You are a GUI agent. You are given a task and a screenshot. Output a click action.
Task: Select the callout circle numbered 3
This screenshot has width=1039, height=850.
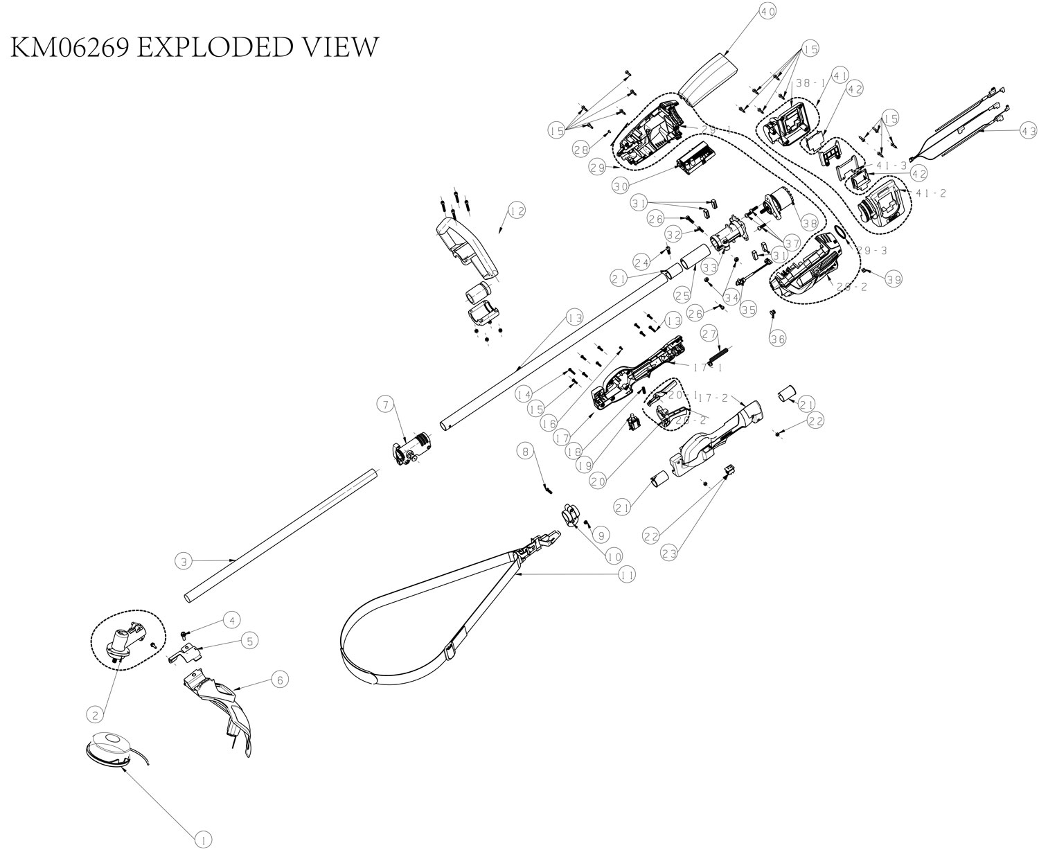(182, 561)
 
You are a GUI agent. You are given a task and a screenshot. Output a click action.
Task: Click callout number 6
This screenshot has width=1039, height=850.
(279, 680)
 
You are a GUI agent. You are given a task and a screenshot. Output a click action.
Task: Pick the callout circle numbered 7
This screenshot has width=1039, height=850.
(386, 402)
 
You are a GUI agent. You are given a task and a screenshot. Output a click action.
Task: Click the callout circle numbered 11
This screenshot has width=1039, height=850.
(627, 574)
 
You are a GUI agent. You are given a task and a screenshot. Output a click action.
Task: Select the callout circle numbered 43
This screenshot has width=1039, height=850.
(1028, 130)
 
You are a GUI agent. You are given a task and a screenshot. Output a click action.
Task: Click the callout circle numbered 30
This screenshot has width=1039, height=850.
(621, 185)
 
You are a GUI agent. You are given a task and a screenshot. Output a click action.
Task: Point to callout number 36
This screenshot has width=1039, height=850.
(778, 338)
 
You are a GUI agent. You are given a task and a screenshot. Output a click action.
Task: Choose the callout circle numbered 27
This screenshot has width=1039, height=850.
(708, 333)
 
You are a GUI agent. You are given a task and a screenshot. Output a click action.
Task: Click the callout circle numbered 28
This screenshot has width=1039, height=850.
(581, 148)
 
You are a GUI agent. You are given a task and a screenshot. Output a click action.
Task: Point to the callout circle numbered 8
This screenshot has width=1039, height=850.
(526, 451)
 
